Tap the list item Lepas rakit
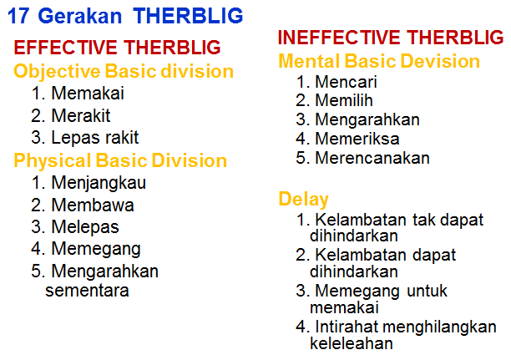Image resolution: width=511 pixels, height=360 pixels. [x=94, y=138]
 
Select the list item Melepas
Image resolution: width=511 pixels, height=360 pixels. [x=84, y=226]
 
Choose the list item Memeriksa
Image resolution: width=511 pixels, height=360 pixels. [x=357, y=139]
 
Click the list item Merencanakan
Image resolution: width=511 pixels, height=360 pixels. [x=372, y=158]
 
